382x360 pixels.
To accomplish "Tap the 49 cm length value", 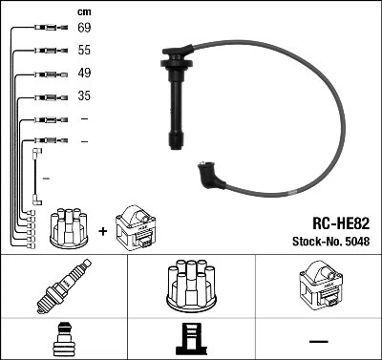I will [84, 74].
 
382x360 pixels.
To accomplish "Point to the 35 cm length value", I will [84, 95].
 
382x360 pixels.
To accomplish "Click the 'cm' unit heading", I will [83, 11].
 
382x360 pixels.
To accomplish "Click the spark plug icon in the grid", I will [64, 287].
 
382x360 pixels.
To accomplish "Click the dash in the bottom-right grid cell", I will [318, 341].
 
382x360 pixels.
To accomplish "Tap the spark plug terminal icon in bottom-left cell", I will [64, 339].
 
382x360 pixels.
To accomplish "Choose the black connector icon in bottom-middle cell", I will [191, 339].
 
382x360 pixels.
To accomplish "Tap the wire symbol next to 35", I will [43, 95].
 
